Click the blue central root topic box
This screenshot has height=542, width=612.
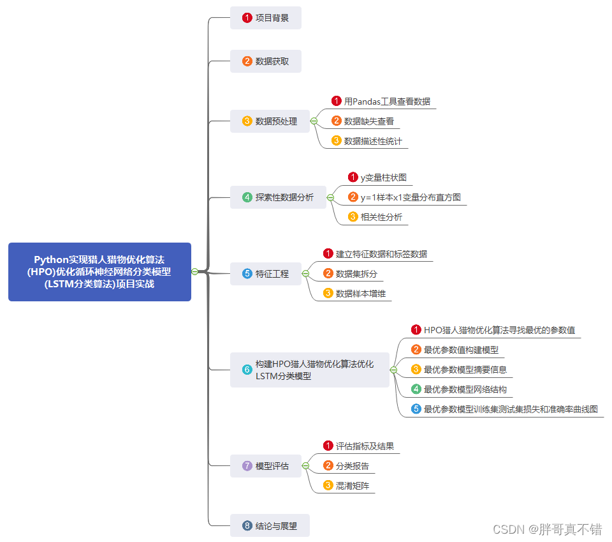pyautogui.click(x=99, y=271)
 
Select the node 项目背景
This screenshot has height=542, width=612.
pyautogui.click(x=265, y=18)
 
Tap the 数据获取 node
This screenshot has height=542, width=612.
pyautogui.click(x=265, y=61)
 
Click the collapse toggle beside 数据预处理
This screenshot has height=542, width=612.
pyautogui.click(x=314, y=121)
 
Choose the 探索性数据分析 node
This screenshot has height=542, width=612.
pyautogui.click(x=278, y=197)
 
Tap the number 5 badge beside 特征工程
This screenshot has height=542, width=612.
pyautogui.click(x=247, y=274)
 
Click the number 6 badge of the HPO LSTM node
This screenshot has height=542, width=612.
pyautogui.click(x=247, y=370)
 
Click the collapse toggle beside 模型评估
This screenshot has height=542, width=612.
pyautogui.click(x=305, y=466)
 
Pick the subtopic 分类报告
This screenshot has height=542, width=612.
pyautogui.click(x=351, y=466)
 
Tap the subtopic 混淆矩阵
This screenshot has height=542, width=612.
pyautogui.click(x=351, y=486)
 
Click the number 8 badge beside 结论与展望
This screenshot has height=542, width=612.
pyautogui.click(x=247, y=526)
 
